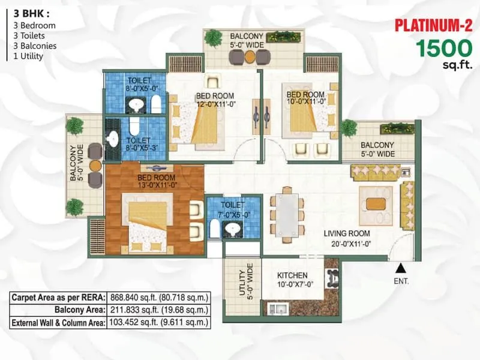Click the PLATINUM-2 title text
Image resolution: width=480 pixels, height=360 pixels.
[x=433, y=25]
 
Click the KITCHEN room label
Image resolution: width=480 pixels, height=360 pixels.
[x=292, y=275]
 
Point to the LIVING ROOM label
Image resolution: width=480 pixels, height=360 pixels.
[x=347, y=233]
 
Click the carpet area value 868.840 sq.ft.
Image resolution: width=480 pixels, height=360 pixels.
[x=158, y=298]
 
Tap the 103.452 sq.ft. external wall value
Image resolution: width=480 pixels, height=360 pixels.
[x=158, y=322]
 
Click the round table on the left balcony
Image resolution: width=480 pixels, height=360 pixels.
[x=94, y=164]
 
